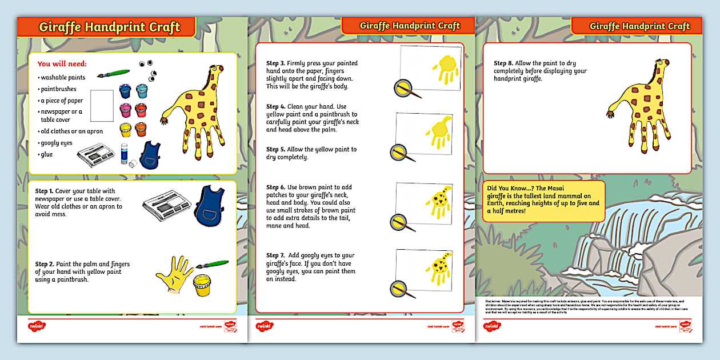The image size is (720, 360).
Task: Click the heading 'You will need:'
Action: (x=62, y=64)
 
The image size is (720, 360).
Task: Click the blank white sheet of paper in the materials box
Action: (x=102, y=106)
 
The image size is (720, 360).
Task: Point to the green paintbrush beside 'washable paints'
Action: (x=114, y=74)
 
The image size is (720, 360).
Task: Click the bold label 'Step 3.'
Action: (x=276, y=63)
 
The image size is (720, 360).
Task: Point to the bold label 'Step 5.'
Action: (x=276, y=149)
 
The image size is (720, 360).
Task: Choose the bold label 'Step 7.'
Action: (x=276, y=255)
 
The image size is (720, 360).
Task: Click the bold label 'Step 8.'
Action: (x=503, y=63)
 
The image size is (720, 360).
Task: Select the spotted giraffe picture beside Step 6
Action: (x=435, y=204)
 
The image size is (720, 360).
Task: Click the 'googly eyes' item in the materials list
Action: (x=56, y=143)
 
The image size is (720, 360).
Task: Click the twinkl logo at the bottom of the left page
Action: (x=37, y=326)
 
